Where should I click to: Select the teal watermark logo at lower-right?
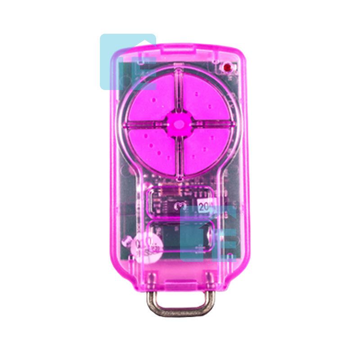click(208, 234)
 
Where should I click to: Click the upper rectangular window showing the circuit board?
click(180, 201)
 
